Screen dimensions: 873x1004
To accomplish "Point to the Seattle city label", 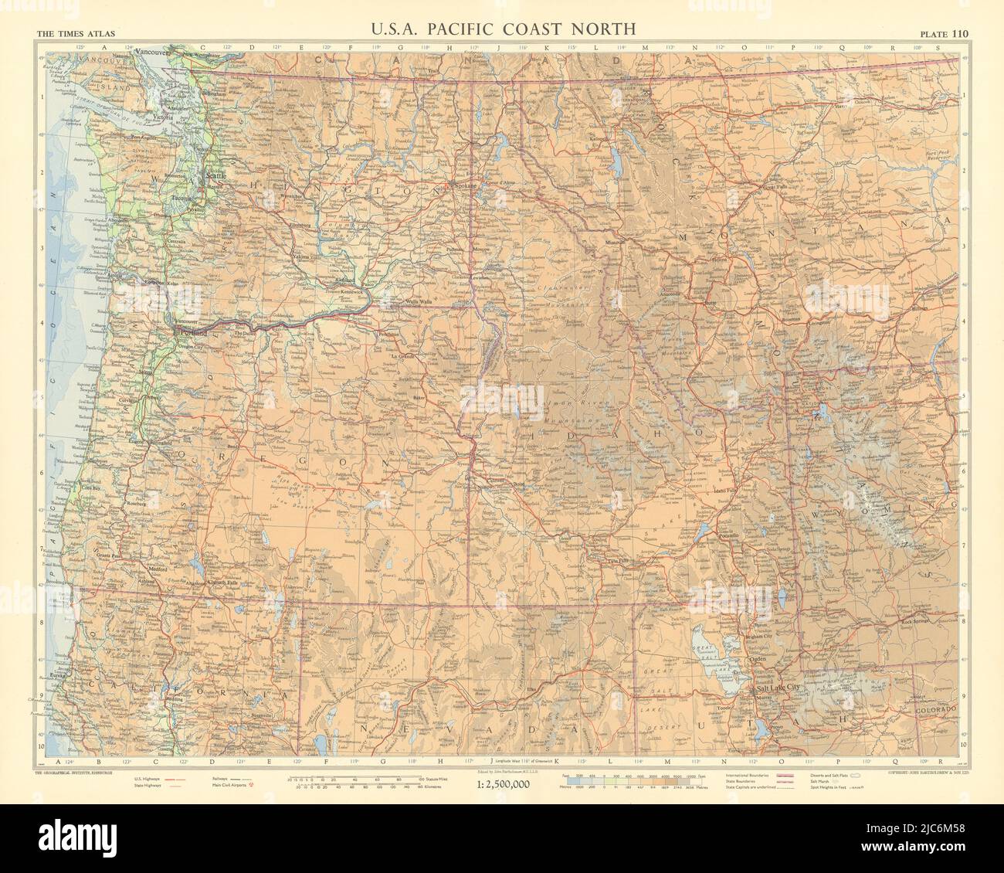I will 214,176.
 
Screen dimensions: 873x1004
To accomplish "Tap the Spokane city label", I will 464,186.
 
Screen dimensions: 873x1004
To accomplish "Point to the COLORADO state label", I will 935,708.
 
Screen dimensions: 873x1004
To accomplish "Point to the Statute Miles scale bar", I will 355,777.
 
